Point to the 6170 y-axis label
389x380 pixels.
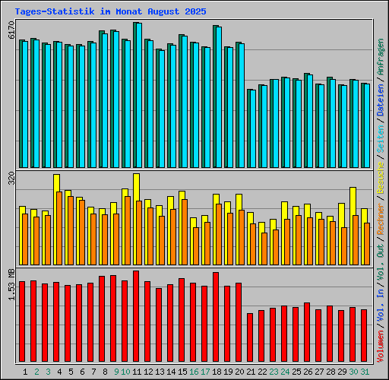11,31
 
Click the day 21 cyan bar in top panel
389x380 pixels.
251,128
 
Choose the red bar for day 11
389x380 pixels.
136,316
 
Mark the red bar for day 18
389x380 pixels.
216,317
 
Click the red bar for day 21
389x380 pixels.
250,337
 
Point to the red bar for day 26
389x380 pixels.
307,332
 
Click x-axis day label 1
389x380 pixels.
26,371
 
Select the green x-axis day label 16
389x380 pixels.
194,371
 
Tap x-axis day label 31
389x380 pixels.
365,371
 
